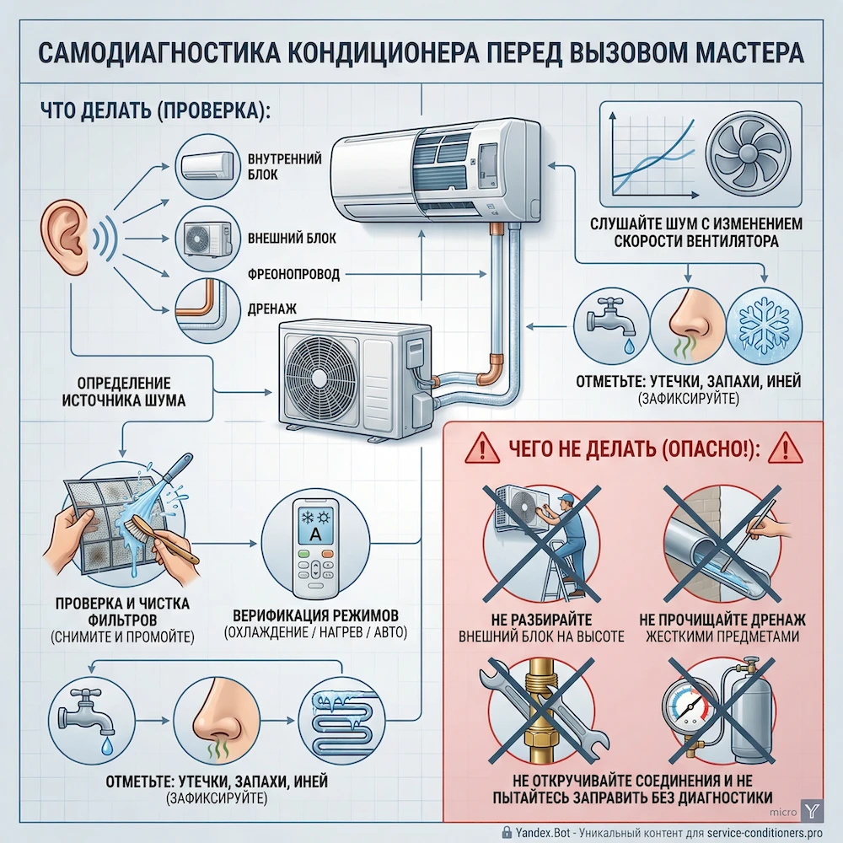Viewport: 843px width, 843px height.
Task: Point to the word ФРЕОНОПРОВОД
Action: click(282, 275)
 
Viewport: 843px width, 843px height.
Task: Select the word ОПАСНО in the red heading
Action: click(706, 449)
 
